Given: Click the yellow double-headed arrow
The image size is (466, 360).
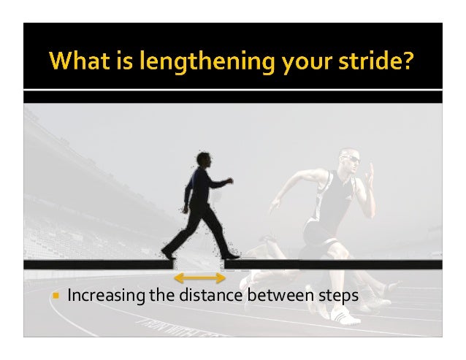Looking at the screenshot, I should (199, 278).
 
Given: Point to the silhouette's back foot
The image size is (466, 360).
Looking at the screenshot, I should (169, 252).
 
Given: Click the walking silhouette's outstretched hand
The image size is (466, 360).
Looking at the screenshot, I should (230, 180).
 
